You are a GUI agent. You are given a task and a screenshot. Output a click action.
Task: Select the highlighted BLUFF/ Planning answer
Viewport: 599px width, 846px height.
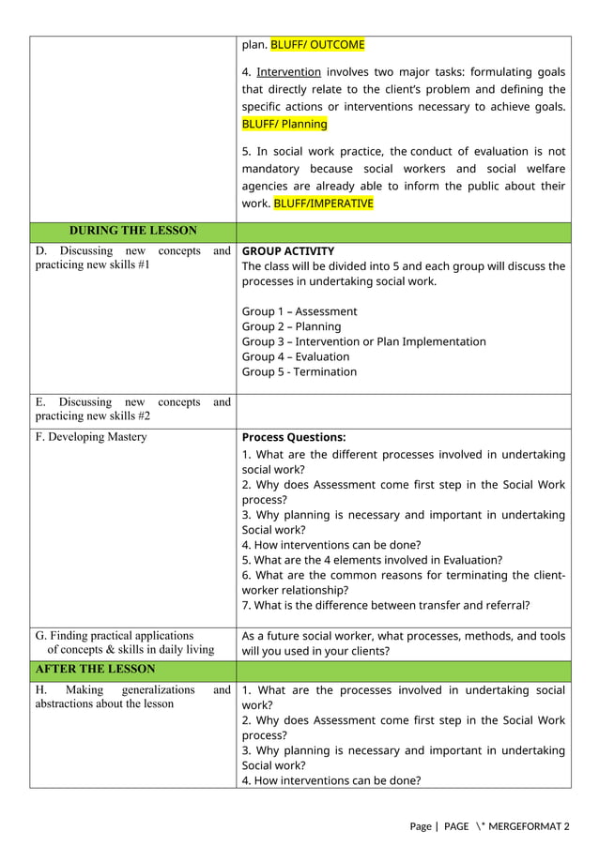[x=284, y=124]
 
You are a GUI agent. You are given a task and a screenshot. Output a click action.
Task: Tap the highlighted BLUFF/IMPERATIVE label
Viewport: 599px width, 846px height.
[x=323, y=203]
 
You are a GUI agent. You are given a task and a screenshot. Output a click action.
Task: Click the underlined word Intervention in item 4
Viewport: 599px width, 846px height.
[x=288, y=71]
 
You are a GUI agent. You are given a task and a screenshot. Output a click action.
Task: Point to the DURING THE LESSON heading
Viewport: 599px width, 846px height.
[x=132, y=231]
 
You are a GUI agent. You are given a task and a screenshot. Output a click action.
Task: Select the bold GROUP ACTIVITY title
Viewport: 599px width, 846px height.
[x=287, y=251]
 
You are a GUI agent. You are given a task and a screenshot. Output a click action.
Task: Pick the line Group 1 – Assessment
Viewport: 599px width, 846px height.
[x=299, y=311]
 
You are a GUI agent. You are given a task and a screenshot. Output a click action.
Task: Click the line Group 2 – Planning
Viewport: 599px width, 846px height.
[x=291, y=326]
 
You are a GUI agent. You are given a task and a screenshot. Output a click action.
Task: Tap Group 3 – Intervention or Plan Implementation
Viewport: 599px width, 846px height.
[x=363, y=341]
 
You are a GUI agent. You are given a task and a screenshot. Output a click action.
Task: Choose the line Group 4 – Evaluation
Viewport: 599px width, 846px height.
[x=295, y=356]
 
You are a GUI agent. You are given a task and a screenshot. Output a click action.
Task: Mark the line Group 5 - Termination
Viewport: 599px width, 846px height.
[x=299, y=371]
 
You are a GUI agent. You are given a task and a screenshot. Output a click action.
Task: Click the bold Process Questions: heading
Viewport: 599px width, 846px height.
[x=293, y=437]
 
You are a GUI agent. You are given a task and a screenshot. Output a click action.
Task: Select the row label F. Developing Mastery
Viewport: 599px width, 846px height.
[x=91, y=437]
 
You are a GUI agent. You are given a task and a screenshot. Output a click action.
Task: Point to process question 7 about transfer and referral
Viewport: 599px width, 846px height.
[x=385, y=605]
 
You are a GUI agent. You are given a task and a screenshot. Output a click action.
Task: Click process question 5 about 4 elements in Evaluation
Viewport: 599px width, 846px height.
[x=372, y=560]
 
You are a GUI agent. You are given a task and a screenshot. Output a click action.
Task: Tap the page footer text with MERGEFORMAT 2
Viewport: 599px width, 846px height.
[x=489, y=826]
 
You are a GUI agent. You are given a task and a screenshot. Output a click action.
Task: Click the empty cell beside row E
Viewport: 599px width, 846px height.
[x=403, y=410]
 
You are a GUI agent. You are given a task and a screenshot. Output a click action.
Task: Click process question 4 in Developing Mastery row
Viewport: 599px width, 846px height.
[x=330, y=545]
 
